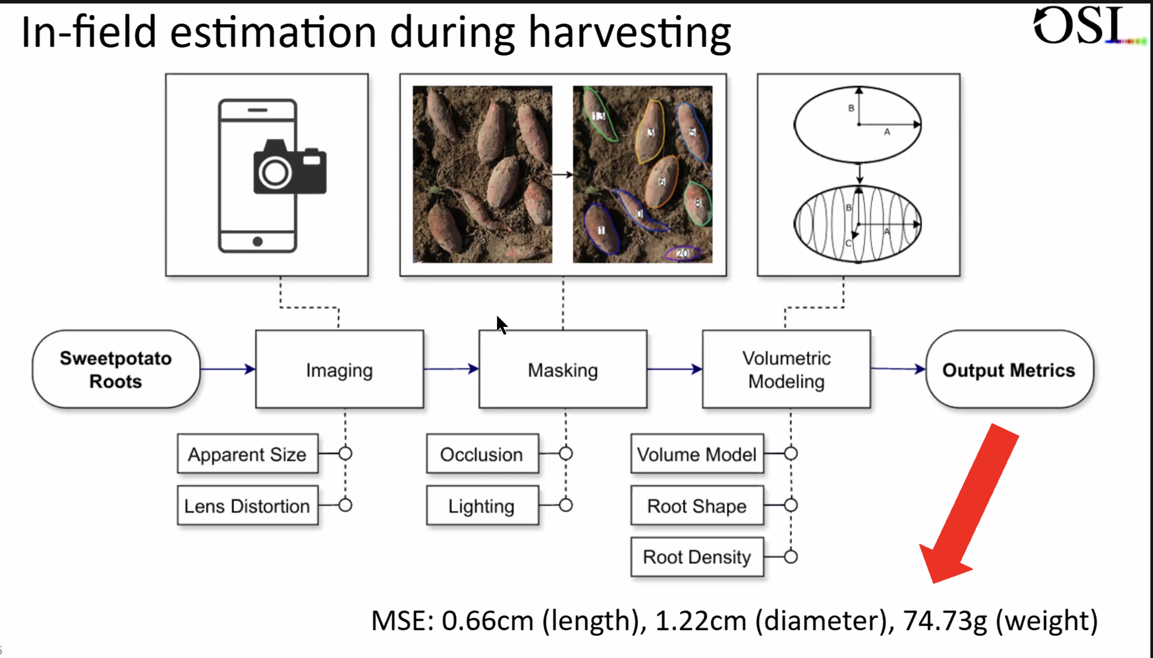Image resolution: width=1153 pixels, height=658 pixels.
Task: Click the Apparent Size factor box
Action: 247,454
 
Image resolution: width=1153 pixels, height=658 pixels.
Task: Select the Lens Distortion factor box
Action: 247,505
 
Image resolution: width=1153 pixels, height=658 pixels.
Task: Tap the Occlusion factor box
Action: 482,454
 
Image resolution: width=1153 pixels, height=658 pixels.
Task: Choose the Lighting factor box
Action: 482,505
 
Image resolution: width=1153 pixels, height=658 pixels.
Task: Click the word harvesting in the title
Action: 629,33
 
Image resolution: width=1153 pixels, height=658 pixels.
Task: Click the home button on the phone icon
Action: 258,241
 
